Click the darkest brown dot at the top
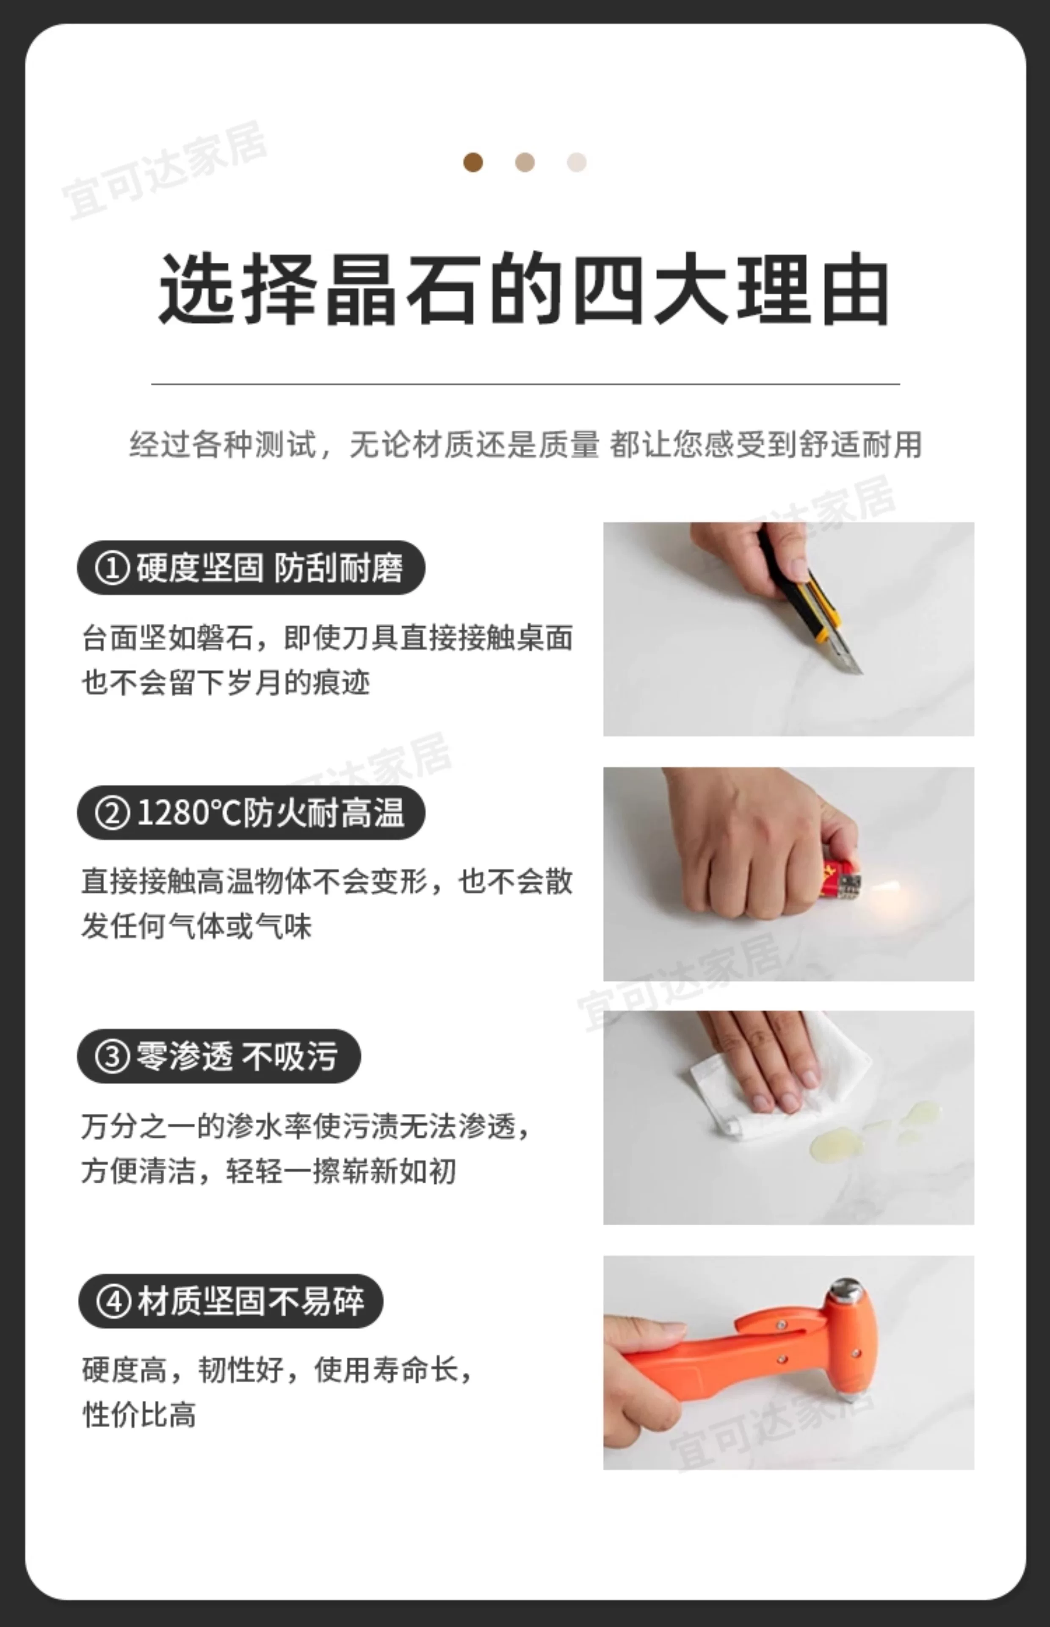click(473, 162)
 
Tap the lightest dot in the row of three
click(577, 162)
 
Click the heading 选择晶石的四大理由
click(524, 289)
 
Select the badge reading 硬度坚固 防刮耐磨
click(251, 568)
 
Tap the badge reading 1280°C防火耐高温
click(251, 813)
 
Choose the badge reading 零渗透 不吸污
click(219, 1056)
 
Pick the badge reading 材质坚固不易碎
click(230, 1301)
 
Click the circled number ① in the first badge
click(112, 568)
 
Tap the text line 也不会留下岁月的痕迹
click(226, 682)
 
